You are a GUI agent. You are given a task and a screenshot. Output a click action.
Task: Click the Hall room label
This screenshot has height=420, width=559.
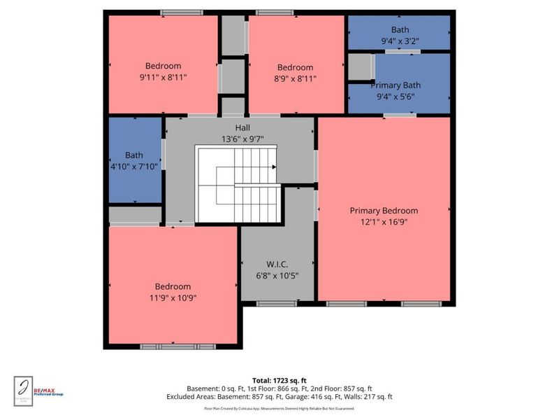pos(242,127)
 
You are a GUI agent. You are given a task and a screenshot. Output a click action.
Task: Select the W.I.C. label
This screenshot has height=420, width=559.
pos(277,264)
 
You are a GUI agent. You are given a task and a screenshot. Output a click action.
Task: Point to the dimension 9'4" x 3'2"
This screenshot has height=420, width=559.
pos(400,41)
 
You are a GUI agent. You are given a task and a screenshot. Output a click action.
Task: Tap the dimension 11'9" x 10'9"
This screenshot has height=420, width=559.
pos(173,297)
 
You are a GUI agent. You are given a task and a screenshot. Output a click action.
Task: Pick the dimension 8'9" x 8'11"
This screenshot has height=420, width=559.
pos(295,78)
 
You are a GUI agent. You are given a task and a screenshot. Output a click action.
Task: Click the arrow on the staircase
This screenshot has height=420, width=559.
pos(273,167)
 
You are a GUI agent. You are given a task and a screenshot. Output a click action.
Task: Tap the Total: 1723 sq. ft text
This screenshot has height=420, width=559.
pos(279,380)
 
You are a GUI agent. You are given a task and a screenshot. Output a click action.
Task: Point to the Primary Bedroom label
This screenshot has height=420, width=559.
pos(384,211)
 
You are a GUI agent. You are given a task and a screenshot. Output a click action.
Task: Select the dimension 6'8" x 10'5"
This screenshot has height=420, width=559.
pos(277,274)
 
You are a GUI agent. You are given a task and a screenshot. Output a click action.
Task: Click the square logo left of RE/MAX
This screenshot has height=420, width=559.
pos(22,387)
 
